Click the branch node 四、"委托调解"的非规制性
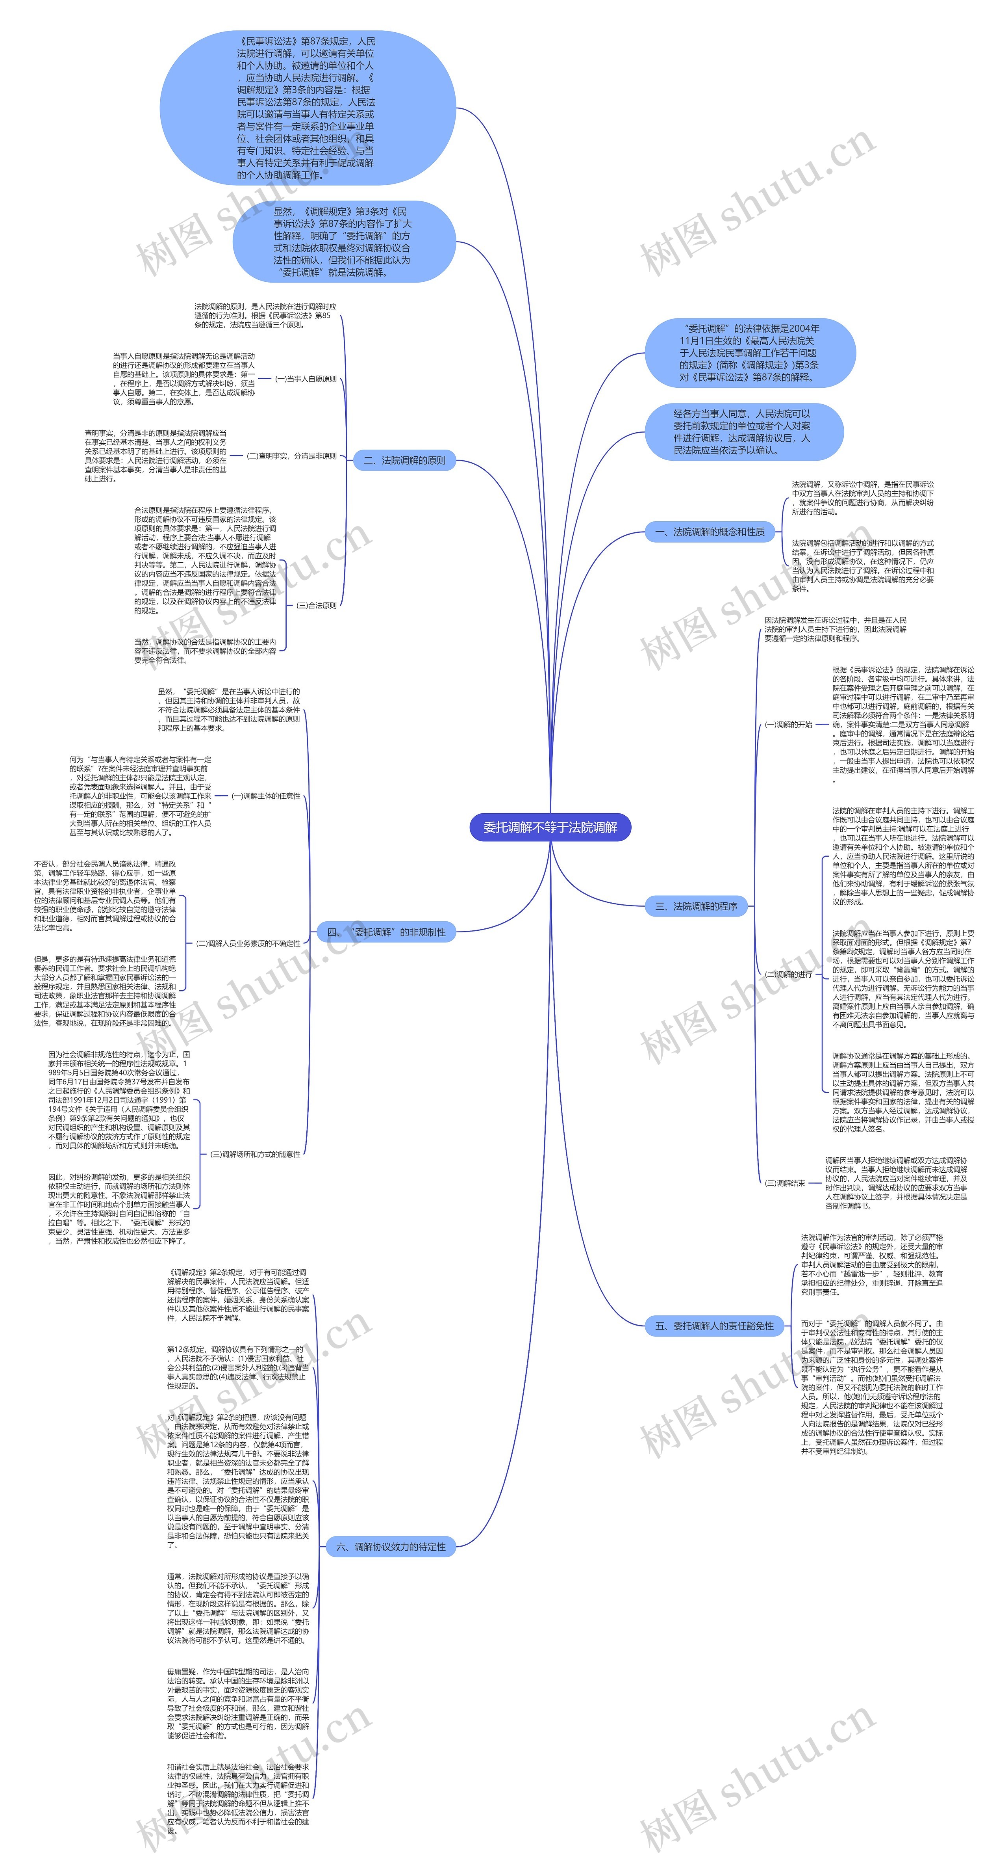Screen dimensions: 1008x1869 click(387, 932)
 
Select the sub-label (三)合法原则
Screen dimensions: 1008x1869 click(316, 605)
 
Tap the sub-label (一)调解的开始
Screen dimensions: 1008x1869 click(788, 724)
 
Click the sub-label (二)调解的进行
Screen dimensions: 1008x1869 click(788, 974)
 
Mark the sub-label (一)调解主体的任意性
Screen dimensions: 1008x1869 click(265, 796)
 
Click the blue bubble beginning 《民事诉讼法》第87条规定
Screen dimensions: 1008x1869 click(308, 108)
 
